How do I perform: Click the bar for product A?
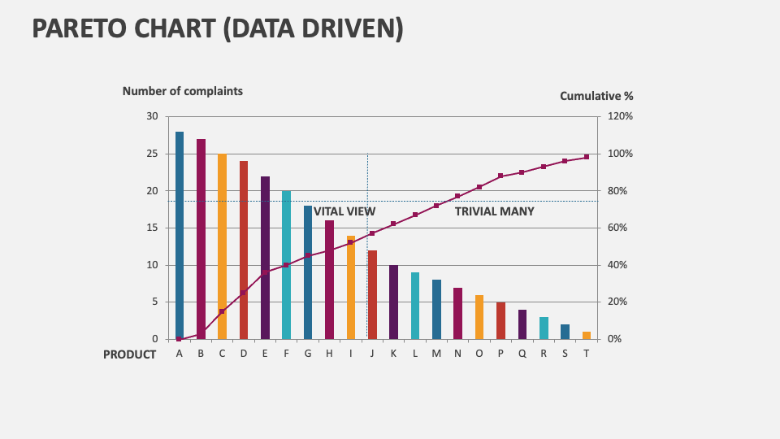tap(180, 235)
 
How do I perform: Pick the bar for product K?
tap(394, 302)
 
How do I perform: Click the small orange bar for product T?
tap(587, 335)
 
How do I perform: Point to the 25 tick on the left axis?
tap(152, 154)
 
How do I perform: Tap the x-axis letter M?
tap(436, 354)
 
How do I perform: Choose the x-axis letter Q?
tap(522, 354)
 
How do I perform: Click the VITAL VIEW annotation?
tap(344, 211)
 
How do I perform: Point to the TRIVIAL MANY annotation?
tap(494, 211)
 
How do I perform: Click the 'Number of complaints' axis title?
tap(182, 91)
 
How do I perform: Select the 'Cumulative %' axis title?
tap(596, 96)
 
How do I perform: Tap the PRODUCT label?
tap(129, 354)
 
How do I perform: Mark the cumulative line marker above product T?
tap(587, 157)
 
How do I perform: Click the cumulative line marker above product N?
tap(457, 196)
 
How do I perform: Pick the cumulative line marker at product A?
tap(180, 338)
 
